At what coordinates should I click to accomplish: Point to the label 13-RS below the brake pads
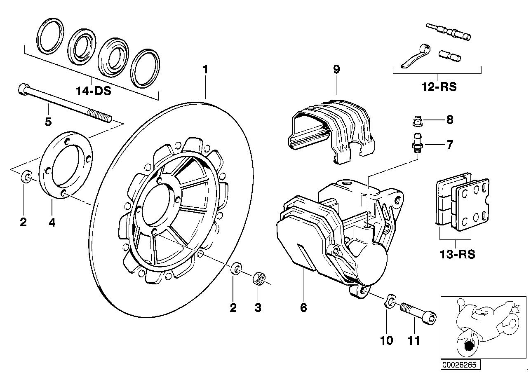[457, 254]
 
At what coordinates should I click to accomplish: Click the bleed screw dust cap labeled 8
[418, 121]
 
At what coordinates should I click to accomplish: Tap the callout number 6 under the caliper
[303, 307]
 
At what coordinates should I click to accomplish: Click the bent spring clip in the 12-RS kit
[416, 56]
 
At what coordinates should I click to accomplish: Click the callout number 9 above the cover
[336, 69]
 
